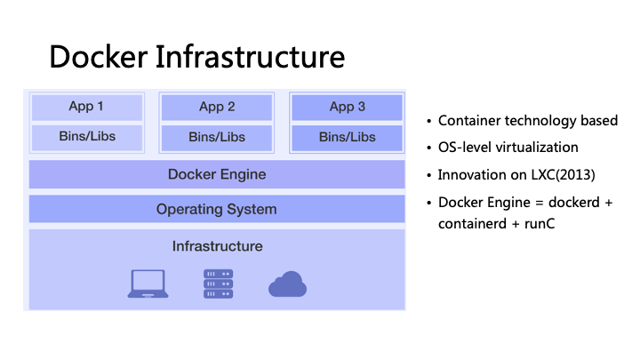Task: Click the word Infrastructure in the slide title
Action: click(x=250, y=57)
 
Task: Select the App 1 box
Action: click(x=86, y=107)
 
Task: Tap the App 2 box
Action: click(x=217, y=107)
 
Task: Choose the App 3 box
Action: click(x=348, y=107)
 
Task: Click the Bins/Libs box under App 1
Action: click(x=86, y=137)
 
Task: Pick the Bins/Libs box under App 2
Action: click(x=217, y=137)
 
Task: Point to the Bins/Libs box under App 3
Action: click(x=348, y=137)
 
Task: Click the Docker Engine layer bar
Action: click(x=217, y=174)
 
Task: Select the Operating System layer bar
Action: click(x=217, y=210)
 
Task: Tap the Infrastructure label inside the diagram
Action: click(x=217, y=245)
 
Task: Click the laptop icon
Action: click(x=148, y=284)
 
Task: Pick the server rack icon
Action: click(x=218, y=284)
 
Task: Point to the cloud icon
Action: click(x=287, y=284)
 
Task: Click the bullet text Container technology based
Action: click(x=527, y=121)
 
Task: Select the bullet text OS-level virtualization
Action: click(x=508, y=147)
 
